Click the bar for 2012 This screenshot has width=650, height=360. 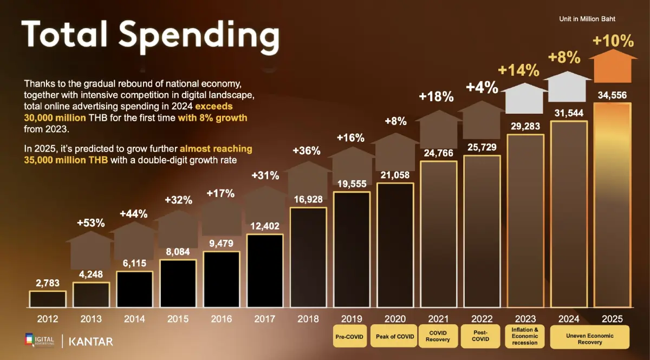(48, 299)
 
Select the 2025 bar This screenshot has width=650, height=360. (612, 206)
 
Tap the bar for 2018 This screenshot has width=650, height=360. (308, 258)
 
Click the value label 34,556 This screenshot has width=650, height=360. (612, 96)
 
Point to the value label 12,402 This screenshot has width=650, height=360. (264, 227)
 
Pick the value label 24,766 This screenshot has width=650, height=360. (438, 153)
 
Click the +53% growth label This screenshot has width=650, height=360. (91, 222)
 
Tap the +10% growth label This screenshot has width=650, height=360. (613, 41)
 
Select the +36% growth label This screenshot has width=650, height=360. (307, 150)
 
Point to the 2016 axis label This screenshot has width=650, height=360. (221, 319)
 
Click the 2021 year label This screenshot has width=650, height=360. (438, 319)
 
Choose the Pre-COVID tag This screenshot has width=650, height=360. (349, 336)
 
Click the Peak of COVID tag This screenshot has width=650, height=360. (395, 336)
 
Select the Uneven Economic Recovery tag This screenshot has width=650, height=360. (589, 336)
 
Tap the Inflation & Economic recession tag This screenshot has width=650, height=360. (525, 336)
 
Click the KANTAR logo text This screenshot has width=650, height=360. (92, 342)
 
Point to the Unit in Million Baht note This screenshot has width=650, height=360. (587, 19)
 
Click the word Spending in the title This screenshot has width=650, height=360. (199, 35)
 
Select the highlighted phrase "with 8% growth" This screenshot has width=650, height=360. (212, 117)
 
